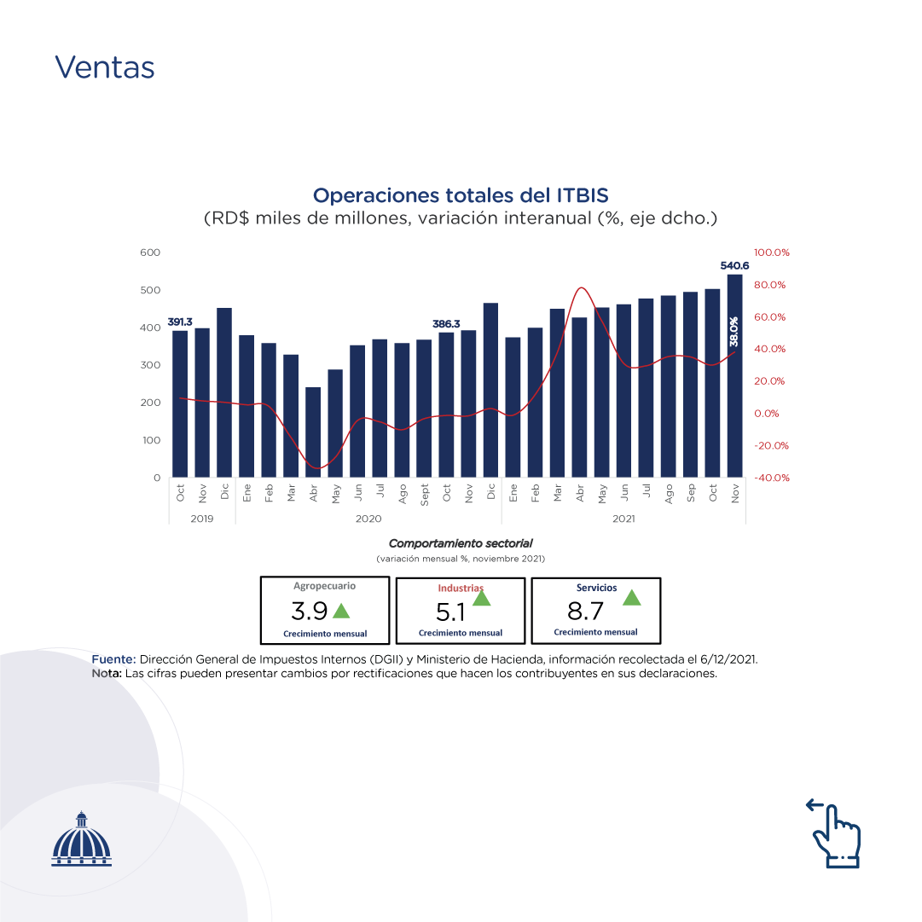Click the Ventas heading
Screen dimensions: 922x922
tap(105, 67)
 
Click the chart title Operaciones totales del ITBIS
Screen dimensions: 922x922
tap(461, 195)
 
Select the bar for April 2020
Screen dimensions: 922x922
tap(313, 432)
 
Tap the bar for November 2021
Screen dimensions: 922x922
tap(734, 375)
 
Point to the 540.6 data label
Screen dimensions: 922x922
tap(734, 266)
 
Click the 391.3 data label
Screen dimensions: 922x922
tap(180, 322)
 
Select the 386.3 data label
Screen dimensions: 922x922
tap(446, 324)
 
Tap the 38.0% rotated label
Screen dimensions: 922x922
tap(734, 332)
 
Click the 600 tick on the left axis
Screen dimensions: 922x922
tap(150, 252)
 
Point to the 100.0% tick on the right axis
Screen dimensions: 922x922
tap(772, 252)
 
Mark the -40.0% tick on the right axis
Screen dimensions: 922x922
tap(772, 478)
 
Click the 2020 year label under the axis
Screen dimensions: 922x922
tap(368, 518)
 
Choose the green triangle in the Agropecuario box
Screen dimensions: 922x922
tap(341, 611)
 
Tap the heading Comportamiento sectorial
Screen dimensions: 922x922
tap(461, 543)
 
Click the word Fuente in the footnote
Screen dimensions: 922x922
tap(113, 660)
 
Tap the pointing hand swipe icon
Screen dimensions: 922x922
tap(835, 834)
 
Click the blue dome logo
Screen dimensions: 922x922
tap(82, 839)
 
